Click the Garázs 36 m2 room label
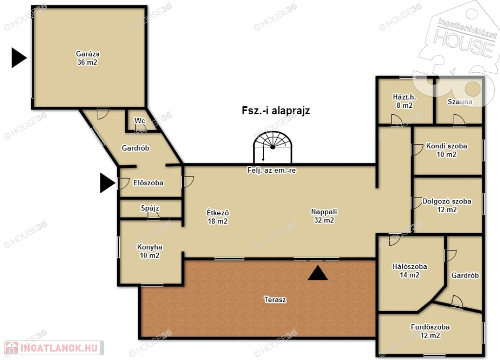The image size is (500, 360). pos(87,58)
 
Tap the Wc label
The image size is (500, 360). pos(140,121)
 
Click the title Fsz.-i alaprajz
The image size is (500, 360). pos(276,111)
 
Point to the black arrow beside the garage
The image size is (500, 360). pos(19,58)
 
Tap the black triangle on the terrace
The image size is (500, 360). pos(317,273)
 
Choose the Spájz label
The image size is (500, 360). pos(150,208)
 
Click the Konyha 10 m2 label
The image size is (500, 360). pos(149,251)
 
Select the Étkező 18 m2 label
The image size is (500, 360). pos(218,217)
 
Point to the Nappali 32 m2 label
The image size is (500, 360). pos(324,216)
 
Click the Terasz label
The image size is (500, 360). pos(275,300)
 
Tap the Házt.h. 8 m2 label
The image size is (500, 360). pos(404,101)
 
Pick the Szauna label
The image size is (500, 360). pos(460,101)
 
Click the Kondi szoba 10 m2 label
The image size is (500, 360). pos(446,150)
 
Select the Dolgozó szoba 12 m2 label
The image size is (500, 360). pos(447,205)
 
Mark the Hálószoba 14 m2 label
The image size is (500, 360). pos(410,270)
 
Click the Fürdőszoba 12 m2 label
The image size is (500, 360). pos(430,331)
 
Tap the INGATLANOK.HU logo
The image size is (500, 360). pos(54,348)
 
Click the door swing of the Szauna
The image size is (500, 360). pos(459,120)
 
